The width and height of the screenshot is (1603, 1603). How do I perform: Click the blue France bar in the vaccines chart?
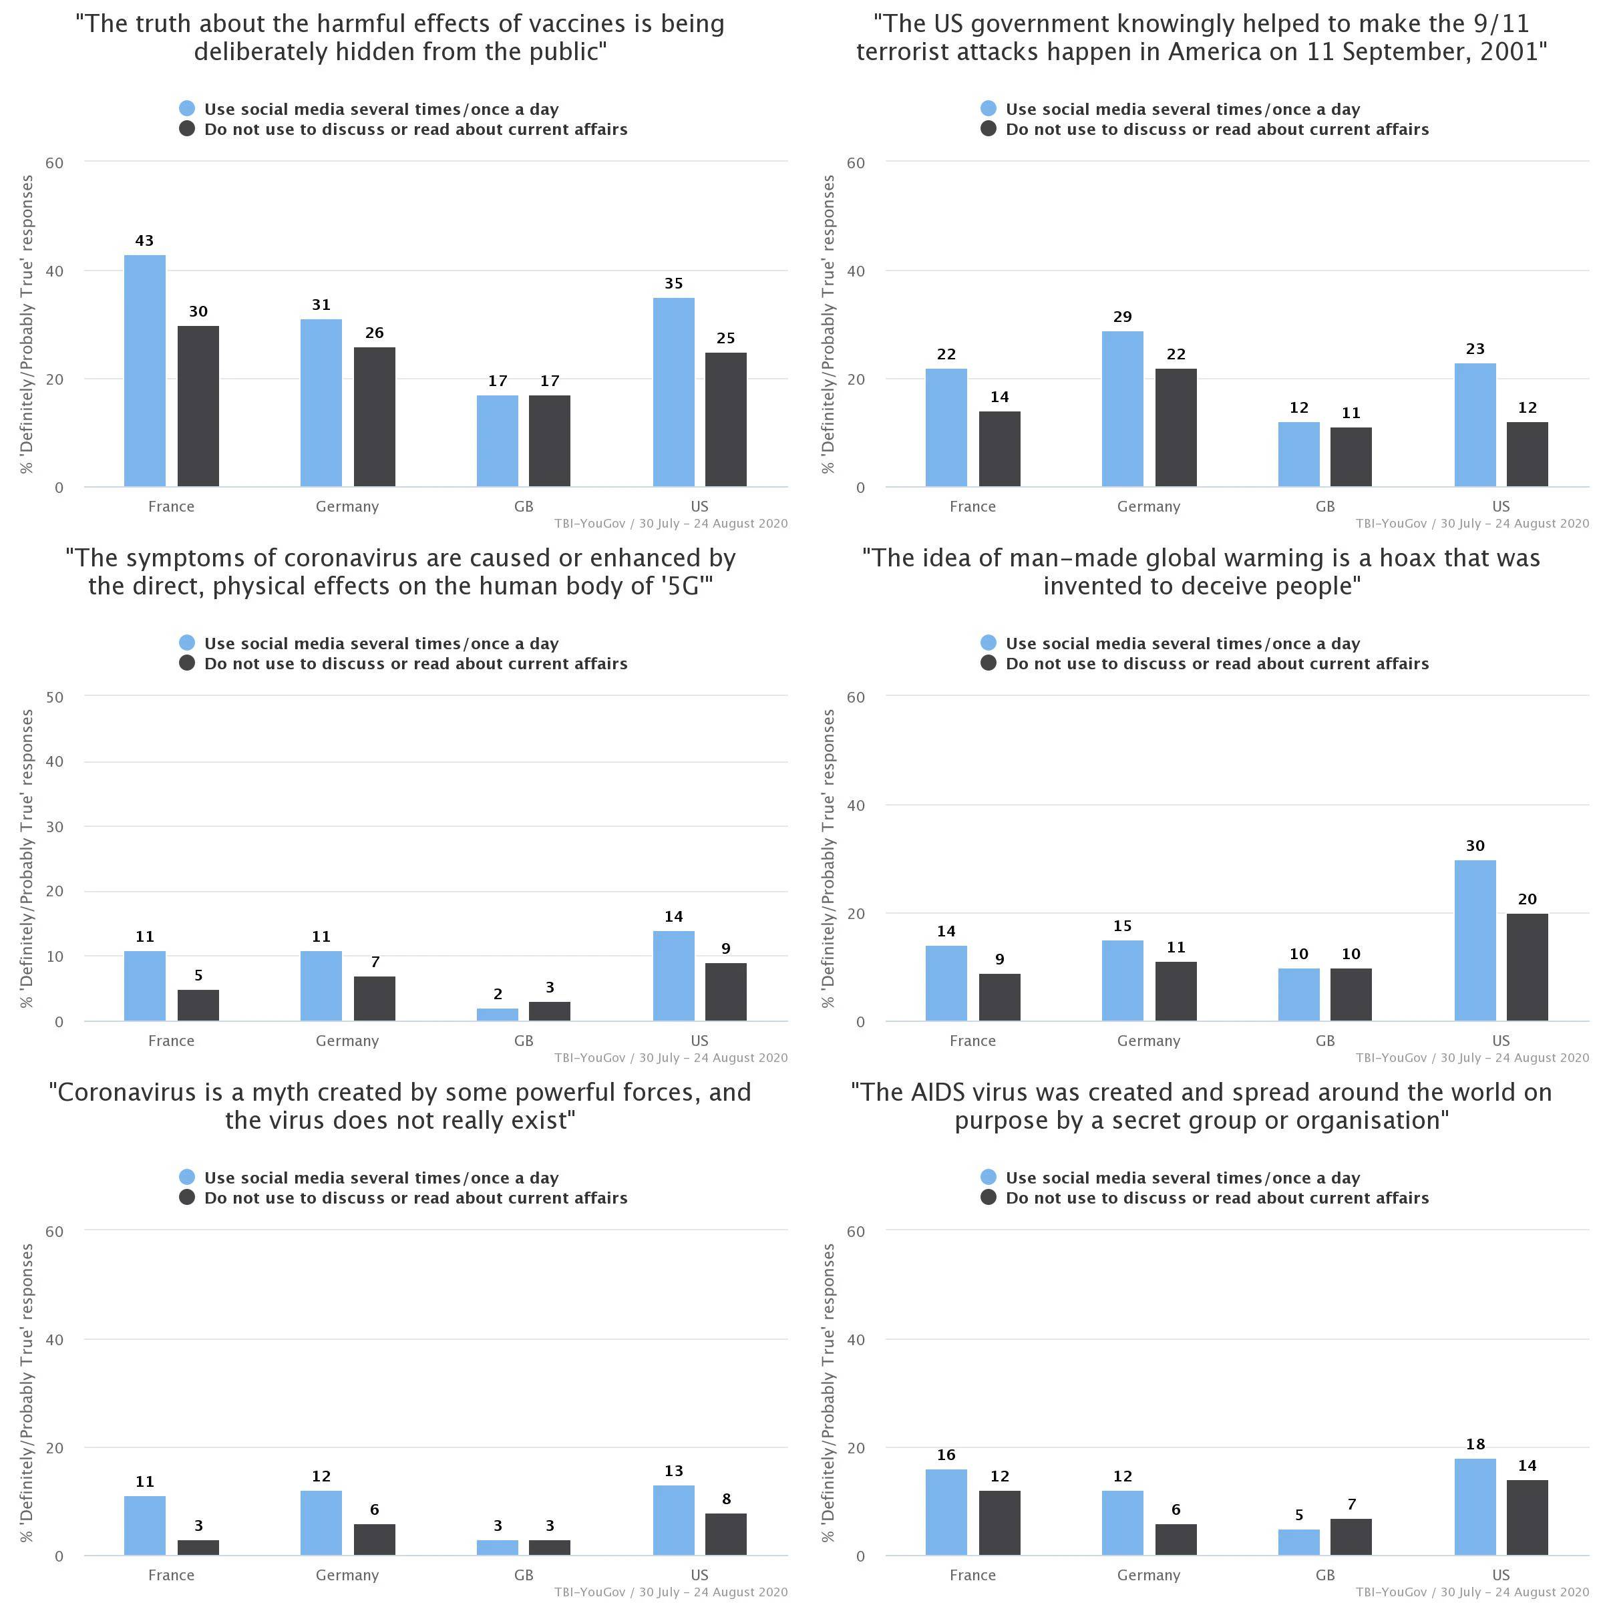[x=144, y=370]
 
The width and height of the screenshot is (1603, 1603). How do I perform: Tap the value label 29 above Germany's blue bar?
[x=1122, y=317]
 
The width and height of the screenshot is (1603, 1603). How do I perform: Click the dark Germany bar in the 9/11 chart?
[x=1176, y=427]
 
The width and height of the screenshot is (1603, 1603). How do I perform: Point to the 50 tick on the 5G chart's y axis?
[x=55, y=697]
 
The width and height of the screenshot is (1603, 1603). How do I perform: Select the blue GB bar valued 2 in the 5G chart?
[x=497, y=1014]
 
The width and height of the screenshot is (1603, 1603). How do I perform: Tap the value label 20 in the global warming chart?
[x=1527, y=900]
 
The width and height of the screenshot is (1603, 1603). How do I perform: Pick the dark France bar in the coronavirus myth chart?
[x=198, y=1548]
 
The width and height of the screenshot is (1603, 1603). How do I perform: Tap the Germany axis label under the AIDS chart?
[x=1148, y=1575]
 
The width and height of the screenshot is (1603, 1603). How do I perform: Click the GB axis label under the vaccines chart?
[x=524, y=506]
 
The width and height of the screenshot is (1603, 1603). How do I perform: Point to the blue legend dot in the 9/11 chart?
[x=989, y=109]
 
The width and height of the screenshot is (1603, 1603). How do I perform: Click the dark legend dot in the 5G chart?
[x=187, y=663]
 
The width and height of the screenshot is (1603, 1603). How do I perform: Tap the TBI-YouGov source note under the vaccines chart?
[x=671, y=524]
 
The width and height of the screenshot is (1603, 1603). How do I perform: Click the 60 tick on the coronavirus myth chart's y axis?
[x=55, y=1231]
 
